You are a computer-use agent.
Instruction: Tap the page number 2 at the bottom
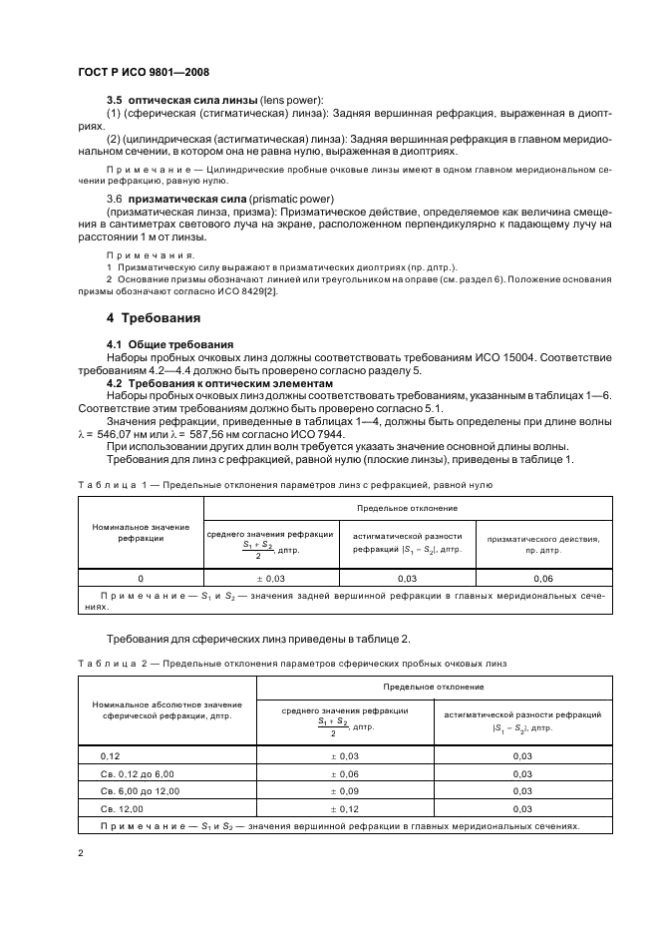(x=79, y=852)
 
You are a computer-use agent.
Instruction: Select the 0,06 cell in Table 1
(x=543, y=577)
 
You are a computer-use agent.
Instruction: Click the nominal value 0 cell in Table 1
(x=140, y=577)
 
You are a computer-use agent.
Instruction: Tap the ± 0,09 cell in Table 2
(x=345, y=791)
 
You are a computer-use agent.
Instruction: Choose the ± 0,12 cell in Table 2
(x=345, y=808)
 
